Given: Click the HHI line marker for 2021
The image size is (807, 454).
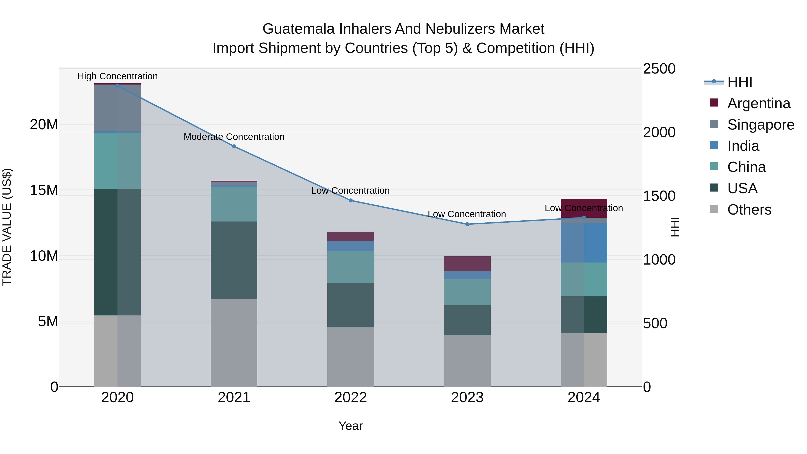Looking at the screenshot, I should (234, 146).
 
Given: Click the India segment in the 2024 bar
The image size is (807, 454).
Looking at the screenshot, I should (584, 243).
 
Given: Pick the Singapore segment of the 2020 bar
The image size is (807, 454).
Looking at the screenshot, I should (117, 108).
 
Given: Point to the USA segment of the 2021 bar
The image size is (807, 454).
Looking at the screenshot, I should (234, 260).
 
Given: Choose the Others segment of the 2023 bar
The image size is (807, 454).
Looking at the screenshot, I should (467, 360).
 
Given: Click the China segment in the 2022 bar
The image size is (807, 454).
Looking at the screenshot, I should (351, 267).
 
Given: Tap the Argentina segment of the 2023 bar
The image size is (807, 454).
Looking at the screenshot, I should (467, 263).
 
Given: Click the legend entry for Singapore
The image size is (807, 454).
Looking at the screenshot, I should (760, 125).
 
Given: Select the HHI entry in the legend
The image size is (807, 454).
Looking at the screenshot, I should (739, 82).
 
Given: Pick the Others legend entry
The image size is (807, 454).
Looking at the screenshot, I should (749, 210).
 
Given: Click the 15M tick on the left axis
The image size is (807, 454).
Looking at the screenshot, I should (44, 190).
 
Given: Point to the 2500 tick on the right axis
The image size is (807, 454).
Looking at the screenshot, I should (659, 69).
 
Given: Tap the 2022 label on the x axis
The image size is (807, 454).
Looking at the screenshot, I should (351, 398).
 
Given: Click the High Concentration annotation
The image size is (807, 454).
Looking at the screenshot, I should (117, 76).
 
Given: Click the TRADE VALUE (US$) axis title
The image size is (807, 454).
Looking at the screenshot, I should (7, 227).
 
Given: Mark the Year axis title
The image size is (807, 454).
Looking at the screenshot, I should (351, 426).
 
